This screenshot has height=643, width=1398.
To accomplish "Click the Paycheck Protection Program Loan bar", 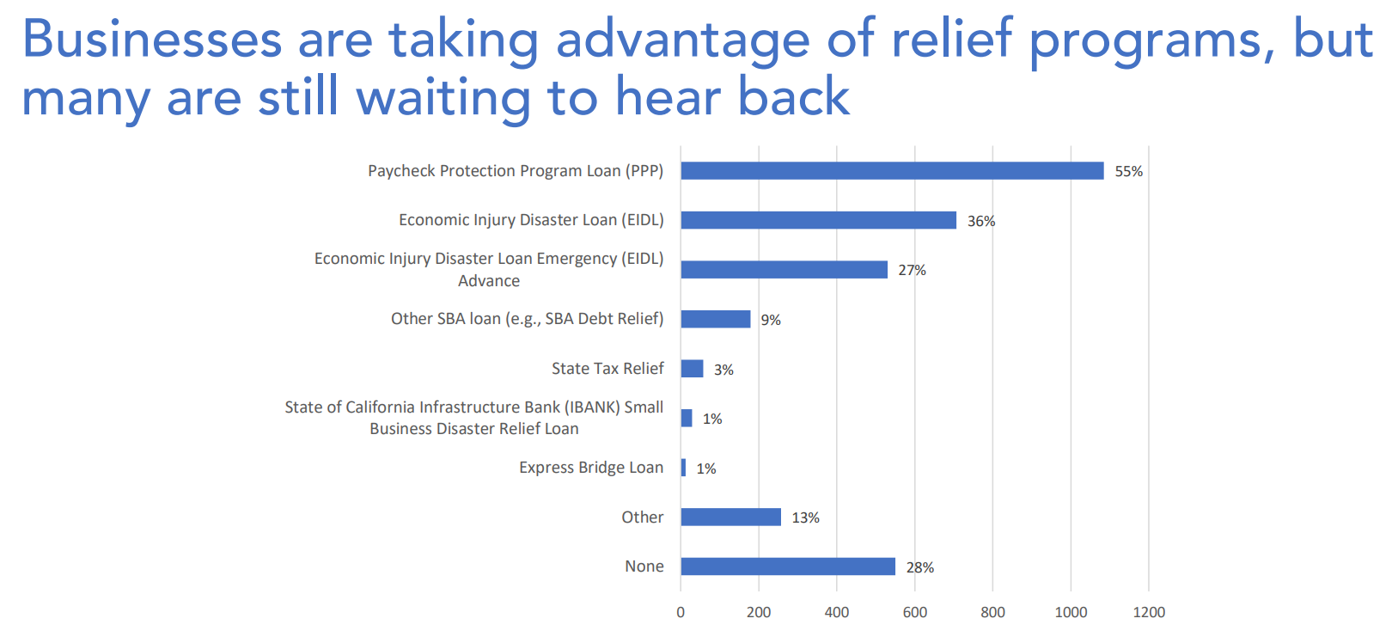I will click(892, 171).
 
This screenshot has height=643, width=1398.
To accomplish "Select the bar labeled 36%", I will click(818, 220).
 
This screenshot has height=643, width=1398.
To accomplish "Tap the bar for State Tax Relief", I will click(692, 369).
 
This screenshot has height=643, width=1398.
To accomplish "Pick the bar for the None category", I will click(788, 566).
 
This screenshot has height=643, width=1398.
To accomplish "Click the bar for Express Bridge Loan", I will click(683, 468).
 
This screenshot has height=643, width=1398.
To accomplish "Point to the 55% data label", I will click(1128, 172).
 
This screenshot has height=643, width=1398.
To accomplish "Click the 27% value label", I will click(912, 271).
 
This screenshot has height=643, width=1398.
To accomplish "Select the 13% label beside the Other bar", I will click(805, 517).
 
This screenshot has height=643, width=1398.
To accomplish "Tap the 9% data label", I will click(771, 320).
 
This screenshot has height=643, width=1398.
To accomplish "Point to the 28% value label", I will click(919, 567).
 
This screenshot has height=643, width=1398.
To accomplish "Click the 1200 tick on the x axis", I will click(1149, 612).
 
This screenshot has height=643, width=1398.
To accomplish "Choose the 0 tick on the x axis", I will click(681, 612).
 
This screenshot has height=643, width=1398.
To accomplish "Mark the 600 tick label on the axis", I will click(914, 612).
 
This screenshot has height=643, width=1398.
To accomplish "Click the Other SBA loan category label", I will click(527, 319).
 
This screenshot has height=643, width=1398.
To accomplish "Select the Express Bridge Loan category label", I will click(591, 468).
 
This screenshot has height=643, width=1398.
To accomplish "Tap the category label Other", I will click(643, 517).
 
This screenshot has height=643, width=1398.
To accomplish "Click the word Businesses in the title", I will click(152, 40).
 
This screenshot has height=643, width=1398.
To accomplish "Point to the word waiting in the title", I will click(443, 97).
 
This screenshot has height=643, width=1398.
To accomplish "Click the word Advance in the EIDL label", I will click(489, 281).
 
